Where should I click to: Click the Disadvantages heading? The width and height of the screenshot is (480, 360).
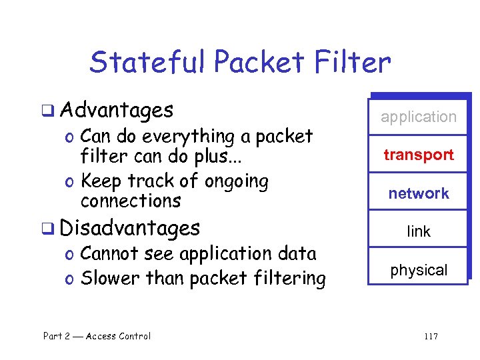[x=129, y=228]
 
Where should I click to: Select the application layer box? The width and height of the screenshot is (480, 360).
[x=419, y=117]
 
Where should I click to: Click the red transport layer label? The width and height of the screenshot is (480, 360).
[x=419, y=155]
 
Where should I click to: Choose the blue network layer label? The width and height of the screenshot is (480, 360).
[x=419, y=193]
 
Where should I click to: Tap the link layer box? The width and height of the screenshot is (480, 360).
[x=419, y=231]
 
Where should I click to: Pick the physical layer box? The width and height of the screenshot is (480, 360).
[x=419, y=270]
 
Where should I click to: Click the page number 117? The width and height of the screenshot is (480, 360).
[x=431, y=336]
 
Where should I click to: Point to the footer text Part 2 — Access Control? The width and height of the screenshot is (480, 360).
[x=97, y=336]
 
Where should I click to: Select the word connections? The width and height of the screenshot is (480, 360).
[x=131, y=200]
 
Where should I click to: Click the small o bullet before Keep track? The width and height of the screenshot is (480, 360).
[x=71, y=182]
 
